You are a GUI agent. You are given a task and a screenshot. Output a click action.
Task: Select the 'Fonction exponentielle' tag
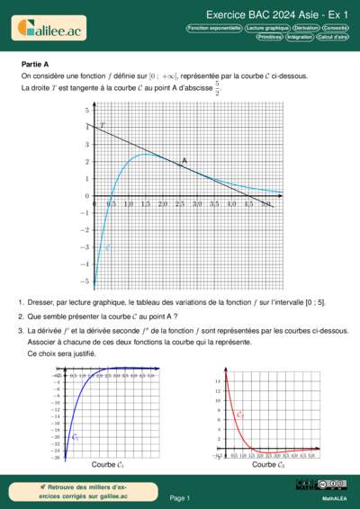[213, 28]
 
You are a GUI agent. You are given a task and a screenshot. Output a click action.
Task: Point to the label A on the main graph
[184, 161]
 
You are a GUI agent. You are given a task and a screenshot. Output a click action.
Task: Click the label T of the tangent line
[102, 125]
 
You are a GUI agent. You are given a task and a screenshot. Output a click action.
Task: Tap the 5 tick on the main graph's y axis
[86, 110]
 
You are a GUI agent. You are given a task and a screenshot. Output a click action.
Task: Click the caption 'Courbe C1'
[108, 465]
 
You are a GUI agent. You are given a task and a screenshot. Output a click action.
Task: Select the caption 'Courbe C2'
[269, 465]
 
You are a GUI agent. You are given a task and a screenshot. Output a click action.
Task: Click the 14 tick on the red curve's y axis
[218, 381]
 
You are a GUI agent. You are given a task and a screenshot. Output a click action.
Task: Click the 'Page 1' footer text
[180, 497]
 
